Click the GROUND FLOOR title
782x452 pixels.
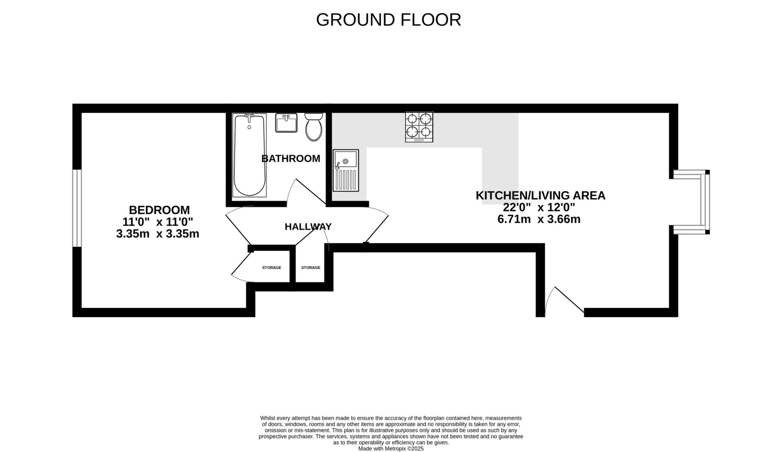click(x=388, y=20)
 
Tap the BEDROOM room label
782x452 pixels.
click(x=159, y=210)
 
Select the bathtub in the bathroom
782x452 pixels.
click(x=249, y=155)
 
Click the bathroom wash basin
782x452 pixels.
click(x=286, y=123)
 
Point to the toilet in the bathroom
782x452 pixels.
click(x=314, y=127)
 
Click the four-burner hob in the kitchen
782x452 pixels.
click(x=419, y=127)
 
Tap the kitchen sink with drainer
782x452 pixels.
click(x=346, y=170)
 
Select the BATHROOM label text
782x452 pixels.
click(x=291, y=159)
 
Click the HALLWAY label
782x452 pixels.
click(x=308, y=227)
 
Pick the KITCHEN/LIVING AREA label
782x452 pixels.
click(x=540, y=196)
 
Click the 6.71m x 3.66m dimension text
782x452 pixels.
click(x=539, y=219)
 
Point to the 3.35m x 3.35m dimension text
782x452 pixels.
click(x=158, y=234)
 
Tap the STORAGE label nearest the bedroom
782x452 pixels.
click(x=272, y=268)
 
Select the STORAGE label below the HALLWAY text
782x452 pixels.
click(x=311, y=268)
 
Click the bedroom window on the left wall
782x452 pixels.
click(x=77, y=208)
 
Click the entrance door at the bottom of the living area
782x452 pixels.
click(x=565, y=302)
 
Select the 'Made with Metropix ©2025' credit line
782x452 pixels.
click(x=391, y=449)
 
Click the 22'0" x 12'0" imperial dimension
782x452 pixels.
click(x=539, y=208)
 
